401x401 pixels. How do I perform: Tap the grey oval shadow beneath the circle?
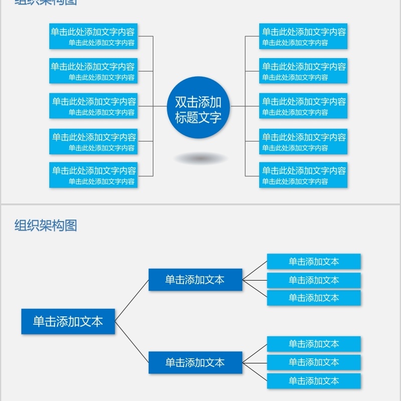click(x=200, y=158)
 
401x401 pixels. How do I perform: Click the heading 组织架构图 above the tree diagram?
click(x=46, y=226)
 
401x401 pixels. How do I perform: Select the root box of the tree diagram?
click(x=68, y=321)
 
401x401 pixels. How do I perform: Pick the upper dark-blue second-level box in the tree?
click(x=195, y=280)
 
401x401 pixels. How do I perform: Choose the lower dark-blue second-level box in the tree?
click(x=195, y=362)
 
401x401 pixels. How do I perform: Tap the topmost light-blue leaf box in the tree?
click(x=314, y=261)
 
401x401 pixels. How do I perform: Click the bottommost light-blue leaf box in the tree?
click(x=314, y=380)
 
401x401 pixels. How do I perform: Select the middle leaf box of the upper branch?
click(x=314, y=280)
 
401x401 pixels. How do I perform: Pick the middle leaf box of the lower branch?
click(x=314, y=362)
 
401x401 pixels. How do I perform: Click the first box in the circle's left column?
click(x=93, y=36)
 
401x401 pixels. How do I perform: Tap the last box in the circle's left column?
click(x=93, y=175)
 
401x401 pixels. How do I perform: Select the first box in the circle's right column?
click(x=303, y=36)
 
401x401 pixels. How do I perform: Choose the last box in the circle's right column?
click(x=303, y=175)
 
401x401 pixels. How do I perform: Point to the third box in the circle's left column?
click(x=93, y=106)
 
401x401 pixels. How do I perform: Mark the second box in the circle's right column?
click(x=303, y=71)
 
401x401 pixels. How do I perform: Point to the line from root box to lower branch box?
click(x=132, y=342)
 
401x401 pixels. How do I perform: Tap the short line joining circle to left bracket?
click(x=160, y=106)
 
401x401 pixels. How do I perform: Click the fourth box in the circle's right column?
click(x=303, y=141)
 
